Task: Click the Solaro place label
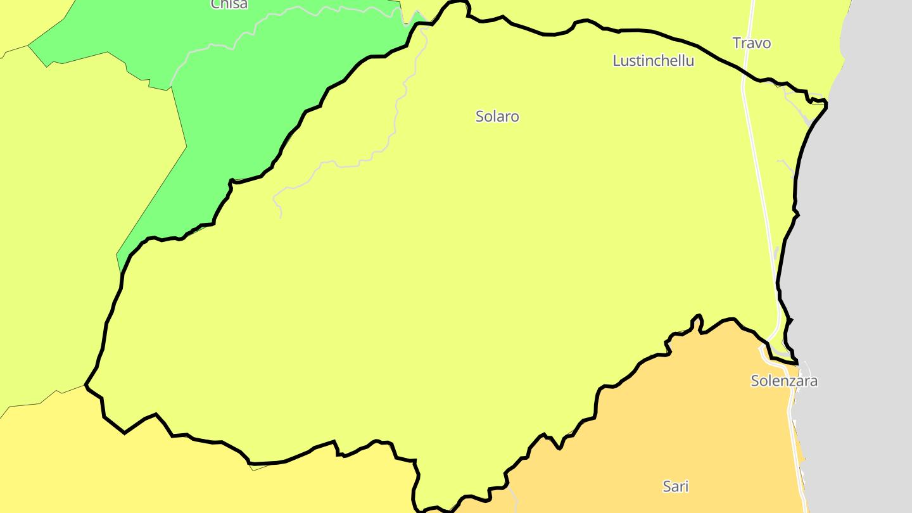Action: [x=497, y=117]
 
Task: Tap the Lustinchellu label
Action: [x=653, y=61]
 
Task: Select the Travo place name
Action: [x=752, y=43]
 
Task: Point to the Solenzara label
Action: [x=784, y=381]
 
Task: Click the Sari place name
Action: [x=675, y=486]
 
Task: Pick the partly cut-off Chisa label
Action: [x=229, y=4]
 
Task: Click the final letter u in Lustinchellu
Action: [x=690, y=61]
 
